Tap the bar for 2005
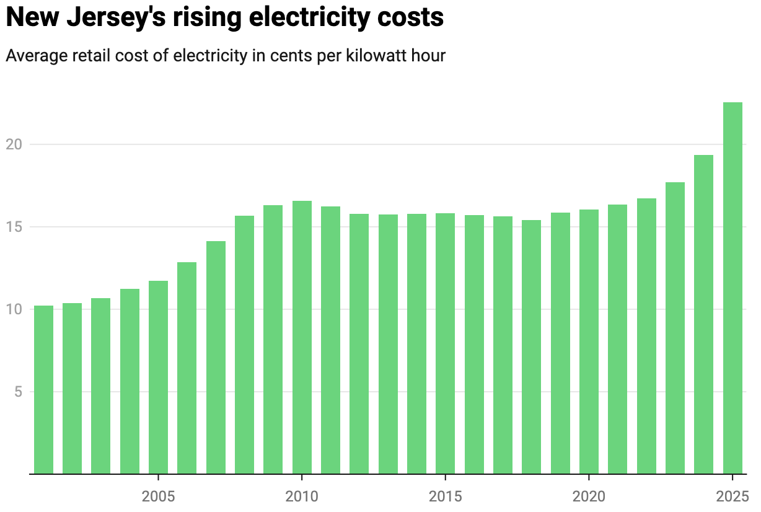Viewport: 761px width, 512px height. [159, 377]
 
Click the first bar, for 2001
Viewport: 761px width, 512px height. [43, 390]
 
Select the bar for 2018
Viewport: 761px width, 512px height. [531, 347]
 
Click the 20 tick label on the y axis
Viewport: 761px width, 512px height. [14, 144]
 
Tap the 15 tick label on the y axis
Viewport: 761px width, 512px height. [14, 227]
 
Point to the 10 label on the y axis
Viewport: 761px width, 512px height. [14, 309]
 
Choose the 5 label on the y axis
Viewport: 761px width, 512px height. [17, 392]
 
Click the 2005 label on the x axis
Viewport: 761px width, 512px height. [159, 497]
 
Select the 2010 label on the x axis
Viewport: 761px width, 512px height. [302, 497]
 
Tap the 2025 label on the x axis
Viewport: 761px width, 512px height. [732, 497]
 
